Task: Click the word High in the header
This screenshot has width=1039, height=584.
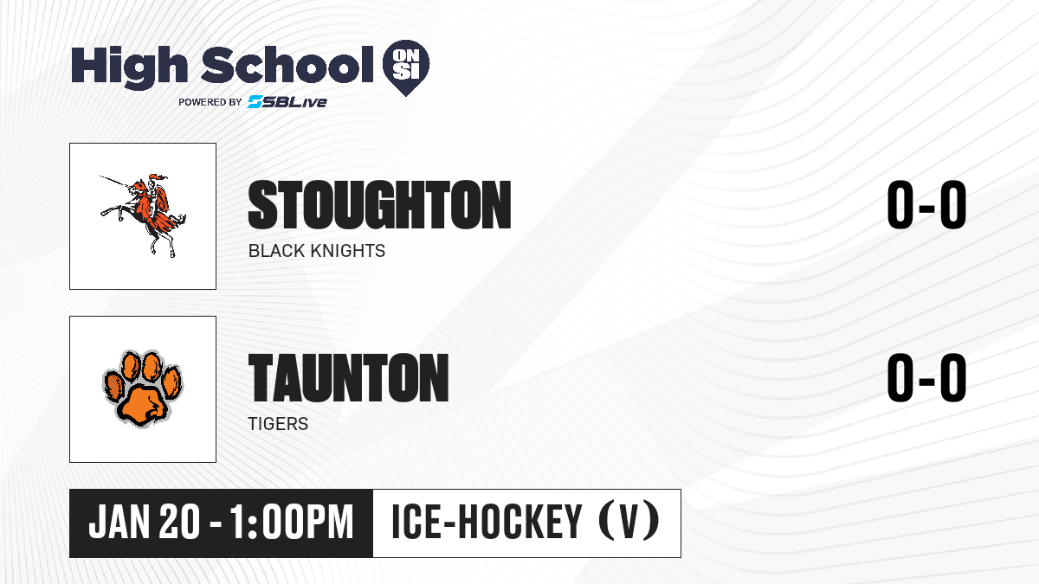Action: tap(130, 67)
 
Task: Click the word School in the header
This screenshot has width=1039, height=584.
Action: tap(287, 64)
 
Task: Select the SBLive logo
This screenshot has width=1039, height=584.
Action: tap(287, 102)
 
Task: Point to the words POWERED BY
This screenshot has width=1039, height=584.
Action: tap(210, 102)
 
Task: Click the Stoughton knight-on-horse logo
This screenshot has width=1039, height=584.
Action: tap(144, 215)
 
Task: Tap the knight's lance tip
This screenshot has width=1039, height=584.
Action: tap(101, 176)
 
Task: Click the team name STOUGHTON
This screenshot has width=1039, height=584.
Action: tap(379, 205)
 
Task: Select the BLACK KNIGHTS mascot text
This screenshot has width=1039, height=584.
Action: tap(317, 251)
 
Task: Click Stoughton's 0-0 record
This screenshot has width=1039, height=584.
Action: tap(926, 205)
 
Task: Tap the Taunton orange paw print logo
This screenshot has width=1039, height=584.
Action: tap(143, 388)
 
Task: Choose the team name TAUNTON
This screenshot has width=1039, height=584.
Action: tap(348, 377)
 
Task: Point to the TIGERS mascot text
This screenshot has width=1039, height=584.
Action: tap(278, 424)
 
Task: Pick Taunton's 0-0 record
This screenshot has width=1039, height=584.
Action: tap(926, 377)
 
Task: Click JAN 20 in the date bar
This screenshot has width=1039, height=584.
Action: tap(145, 523)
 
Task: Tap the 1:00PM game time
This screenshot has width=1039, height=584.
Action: tap(292, 523)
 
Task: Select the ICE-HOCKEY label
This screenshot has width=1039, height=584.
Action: tap(487, 522)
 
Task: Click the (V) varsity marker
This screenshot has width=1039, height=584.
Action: tap(629, 522)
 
